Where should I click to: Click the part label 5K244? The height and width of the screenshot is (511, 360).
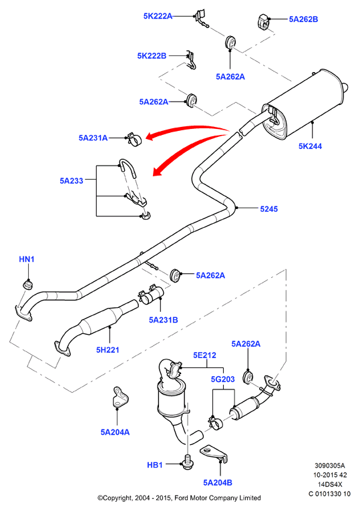tap(310, 146)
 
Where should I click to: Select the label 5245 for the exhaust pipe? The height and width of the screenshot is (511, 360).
tap(268, 209)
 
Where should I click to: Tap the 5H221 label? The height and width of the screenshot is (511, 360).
tap(108, 349)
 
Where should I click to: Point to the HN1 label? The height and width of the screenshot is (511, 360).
tap(27, 259)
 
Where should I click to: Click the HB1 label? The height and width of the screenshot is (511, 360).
tap(155, 465)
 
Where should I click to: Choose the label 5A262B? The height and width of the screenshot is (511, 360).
tap(303, 19)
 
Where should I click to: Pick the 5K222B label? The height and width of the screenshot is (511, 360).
tap(152, 55)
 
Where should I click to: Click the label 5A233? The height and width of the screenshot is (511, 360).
tap(71, 180)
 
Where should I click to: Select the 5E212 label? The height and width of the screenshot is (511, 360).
tap(204, 355)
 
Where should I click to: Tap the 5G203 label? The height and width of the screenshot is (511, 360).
tap(223, 379)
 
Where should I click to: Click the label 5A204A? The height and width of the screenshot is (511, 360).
tap(115, 432)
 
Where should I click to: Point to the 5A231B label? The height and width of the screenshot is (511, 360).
tap(164, 320)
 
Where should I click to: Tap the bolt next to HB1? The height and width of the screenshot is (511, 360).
tap(187, 463)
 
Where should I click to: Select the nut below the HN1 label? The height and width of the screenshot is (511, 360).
tap(27, 284)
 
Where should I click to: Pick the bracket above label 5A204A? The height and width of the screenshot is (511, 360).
tap(120, 397)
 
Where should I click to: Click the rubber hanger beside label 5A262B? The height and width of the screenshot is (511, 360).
tap(262, 21)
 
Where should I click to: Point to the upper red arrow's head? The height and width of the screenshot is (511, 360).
tap(150, 136)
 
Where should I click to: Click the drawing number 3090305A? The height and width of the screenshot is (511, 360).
tap(330, 466)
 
